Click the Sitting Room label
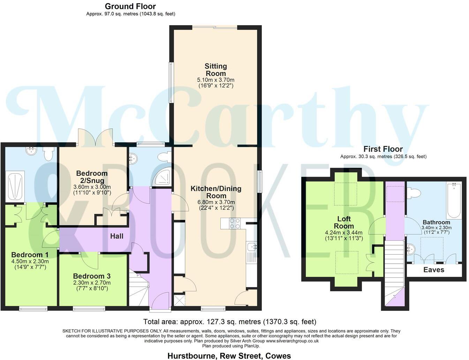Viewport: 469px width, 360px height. click(x=215, y=70)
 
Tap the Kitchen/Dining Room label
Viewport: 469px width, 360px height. click(x=216, y=192)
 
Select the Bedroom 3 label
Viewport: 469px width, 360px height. click(x=92, y=276)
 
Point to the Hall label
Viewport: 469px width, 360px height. click(x=117, y=236)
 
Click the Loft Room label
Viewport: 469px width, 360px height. click(x=343, y=222)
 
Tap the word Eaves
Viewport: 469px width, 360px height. click(x=433, y=270)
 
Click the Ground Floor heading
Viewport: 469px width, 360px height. click(x=130, y=6)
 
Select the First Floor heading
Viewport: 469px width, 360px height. click(x=383, y=149)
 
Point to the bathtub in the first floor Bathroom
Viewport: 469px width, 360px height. click(x=454, y=201)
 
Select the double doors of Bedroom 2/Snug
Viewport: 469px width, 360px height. click(x=96, y=138)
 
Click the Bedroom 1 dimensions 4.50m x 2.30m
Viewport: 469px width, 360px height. click(x=30, y=261)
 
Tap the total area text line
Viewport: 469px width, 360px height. click(x=229, y=322)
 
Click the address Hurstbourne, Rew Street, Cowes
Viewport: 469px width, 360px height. click(x=229, y=356)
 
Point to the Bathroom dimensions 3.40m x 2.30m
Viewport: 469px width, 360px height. click(x=436, y=228)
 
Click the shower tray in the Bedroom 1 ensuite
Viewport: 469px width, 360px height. click(x=15, y=186)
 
